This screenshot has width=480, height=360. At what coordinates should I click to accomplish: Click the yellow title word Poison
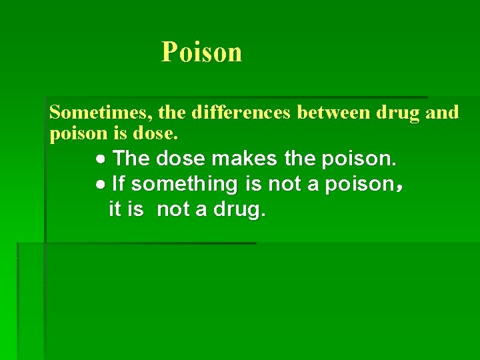pos(201,52)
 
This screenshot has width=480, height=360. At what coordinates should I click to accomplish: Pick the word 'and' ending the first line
pos(442,113)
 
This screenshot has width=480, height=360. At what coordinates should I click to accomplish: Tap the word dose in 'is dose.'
pos(155,133)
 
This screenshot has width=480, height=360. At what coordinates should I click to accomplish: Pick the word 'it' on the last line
pos(115,209)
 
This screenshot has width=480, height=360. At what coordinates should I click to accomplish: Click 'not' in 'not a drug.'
pos(173,209)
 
